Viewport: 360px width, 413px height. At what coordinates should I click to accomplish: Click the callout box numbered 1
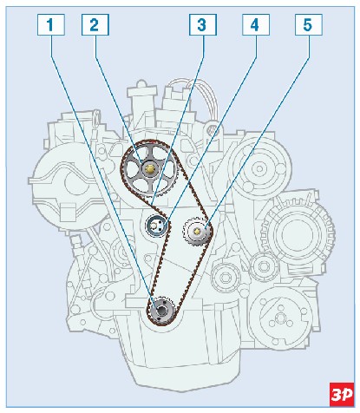[51, 25]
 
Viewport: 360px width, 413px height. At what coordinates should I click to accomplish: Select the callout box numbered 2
[95, 25]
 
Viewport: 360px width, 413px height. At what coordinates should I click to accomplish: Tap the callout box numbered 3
[203, 25]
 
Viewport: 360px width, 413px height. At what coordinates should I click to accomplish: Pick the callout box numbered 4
[256, 25]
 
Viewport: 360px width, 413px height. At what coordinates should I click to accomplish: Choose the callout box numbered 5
[309, 25]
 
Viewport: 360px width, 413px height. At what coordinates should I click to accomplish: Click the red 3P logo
[342, 394]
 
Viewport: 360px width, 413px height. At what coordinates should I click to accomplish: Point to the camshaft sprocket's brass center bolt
[149, 169]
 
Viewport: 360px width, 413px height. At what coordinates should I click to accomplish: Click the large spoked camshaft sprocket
[149, 169]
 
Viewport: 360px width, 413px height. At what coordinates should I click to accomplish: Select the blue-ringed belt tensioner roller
[156, 226]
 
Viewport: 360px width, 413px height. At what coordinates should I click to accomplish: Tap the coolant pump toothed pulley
[197, 231]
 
